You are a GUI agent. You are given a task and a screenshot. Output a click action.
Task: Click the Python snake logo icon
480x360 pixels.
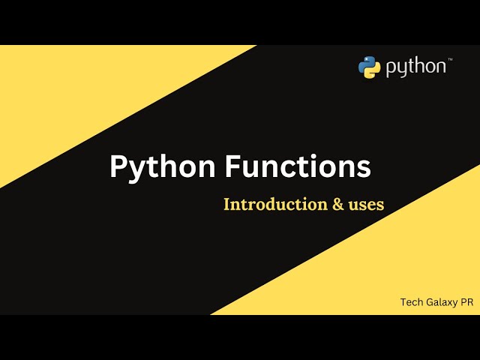pos(370,67)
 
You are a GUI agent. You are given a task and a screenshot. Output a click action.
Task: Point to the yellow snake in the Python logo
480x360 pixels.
pos(373,71)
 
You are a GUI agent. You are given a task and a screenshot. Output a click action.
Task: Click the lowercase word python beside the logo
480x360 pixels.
pos(415,68)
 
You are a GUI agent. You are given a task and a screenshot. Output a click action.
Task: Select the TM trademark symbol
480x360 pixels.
pos(450,59)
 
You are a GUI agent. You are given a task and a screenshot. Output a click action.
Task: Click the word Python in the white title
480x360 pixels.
pos(162,166)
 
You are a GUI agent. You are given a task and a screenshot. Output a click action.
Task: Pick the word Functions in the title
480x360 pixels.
pos(298,166)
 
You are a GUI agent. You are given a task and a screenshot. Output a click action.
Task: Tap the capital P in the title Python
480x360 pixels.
pos(118,166)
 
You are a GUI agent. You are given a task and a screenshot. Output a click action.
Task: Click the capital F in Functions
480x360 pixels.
pos(233,166)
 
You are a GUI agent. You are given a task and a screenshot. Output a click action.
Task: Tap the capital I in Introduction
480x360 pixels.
pos(226,204)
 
